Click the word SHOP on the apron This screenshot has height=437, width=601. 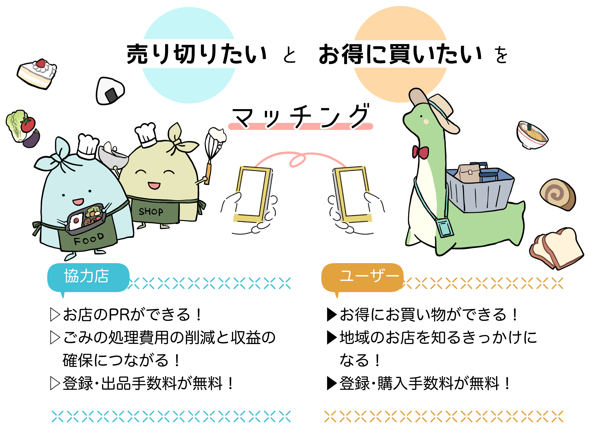(151, 211)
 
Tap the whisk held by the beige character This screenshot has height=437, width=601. (213, 148)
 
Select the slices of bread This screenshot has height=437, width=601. (556, 249)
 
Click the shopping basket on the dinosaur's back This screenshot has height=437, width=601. (480, 189)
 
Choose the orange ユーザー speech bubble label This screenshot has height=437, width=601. (363, 277)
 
